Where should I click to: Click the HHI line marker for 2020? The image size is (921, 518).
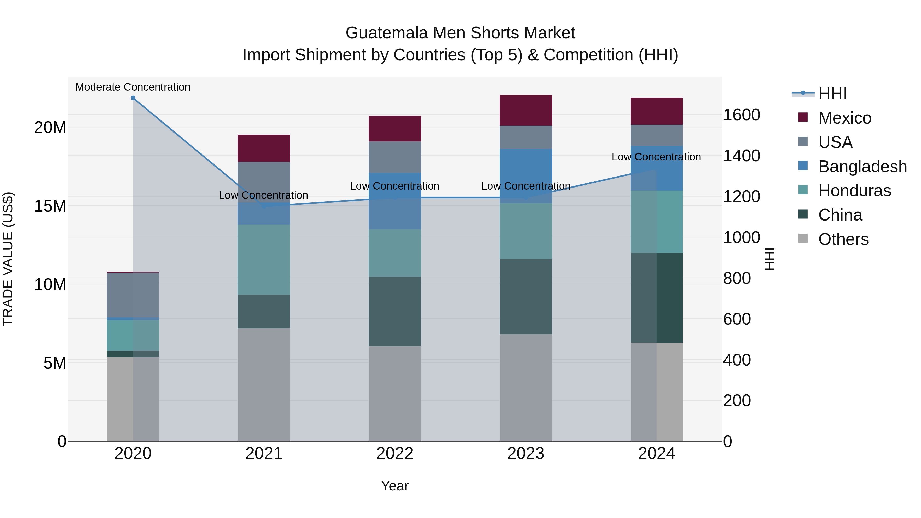click(x=133, y=98)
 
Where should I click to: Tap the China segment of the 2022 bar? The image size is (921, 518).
click(x=395, y=311)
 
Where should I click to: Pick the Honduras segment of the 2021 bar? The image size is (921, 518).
click(x=264, y=260)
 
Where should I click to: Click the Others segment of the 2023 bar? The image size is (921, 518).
click(x=525, y=388)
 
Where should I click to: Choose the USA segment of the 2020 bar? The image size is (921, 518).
click(x=133, y=295)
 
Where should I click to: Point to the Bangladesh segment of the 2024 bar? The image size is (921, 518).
click(x=656, y=168)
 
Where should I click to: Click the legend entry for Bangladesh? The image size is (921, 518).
click(x=862, y=167)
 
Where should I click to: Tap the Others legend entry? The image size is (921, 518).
click(x=843, y=239)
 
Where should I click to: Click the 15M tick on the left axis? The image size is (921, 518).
click(x=50, y=206)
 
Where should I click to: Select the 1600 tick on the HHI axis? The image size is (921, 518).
click(x=741, y=115)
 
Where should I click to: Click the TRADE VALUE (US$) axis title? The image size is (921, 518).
click(x=8, y=259)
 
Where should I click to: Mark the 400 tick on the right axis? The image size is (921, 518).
click(x=737, y=360)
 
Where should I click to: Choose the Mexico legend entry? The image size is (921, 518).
click(x=845, y=118)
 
